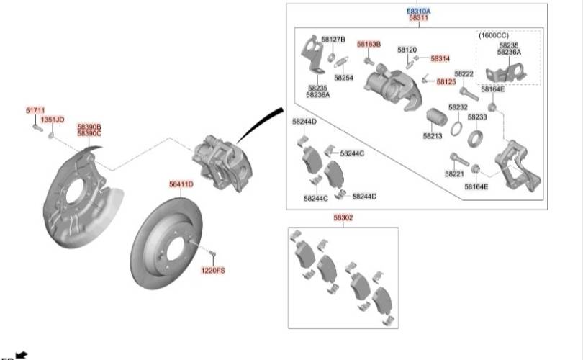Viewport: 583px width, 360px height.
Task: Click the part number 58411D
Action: (x=181, y=184)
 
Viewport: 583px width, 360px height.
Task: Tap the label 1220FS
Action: (x=213, y=271)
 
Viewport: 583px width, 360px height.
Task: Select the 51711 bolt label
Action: (x=35, y=110)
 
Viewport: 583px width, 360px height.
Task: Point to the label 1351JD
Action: (x=53, y=120)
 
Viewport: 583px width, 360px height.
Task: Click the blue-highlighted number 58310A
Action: (x=419, y=11)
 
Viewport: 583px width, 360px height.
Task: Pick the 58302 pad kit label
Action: (x=343, y=217)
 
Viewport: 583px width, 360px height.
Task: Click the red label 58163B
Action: (x=369, y=44)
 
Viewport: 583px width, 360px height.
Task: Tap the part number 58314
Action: (x=440, y=58)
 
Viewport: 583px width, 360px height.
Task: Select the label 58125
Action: (x=446, y=82)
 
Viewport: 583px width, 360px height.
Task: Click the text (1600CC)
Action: (x=494, y=35)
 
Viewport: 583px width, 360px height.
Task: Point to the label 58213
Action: (x=433, y=136)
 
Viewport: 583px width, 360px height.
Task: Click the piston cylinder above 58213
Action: (x=437, y=117)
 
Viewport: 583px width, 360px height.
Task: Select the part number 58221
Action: (x=454, y=174)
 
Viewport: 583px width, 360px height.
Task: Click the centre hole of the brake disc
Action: (x=176, y=249)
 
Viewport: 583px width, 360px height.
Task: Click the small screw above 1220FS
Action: (x=212, y=254)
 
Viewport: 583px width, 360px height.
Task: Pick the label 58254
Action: (x=343, y=78)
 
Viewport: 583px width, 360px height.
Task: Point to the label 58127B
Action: (x=333, y=40)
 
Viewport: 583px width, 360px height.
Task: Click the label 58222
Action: (x=464, y=74)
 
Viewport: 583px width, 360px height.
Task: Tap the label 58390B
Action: (x=89, y=127)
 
